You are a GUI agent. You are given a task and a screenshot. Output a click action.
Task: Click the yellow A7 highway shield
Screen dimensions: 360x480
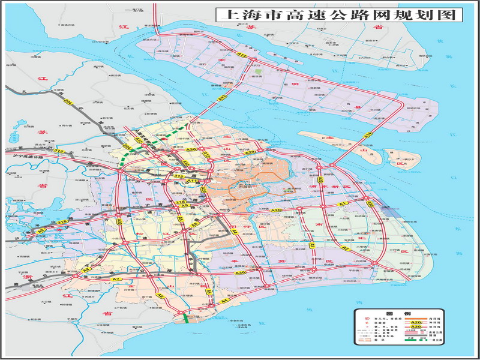(116, 280)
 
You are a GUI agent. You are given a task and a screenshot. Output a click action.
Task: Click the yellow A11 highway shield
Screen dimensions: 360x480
(193, 180)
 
